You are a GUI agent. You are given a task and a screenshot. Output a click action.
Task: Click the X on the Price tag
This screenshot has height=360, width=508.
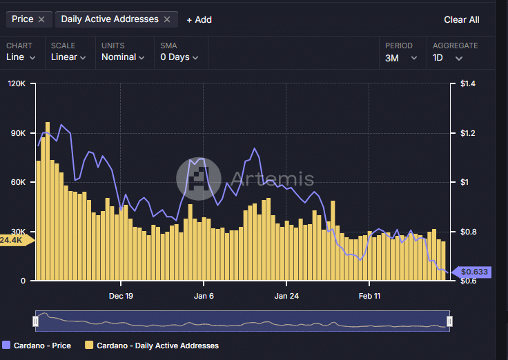[x=41, y=19]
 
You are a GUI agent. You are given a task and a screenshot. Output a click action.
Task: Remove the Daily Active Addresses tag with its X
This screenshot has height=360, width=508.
[x=167, y=19]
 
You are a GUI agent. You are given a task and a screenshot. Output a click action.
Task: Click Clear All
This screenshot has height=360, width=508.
[x=462, y=20]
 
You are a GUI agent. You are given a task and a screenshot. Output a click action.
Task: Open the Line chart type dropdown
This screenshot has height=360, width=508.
[x=21, y=57]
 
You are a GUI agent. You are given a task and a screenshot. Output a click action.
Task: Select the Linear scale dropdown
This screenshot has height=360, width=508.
[x=68, y=57]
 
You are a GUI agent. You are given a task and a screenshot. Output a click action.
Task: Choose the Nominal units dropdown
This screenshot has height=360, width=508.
[x=123, y=57]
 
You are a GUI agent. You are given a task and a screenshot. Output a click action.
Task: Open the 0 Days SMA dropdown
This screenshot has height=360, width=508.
[x=179, y=57]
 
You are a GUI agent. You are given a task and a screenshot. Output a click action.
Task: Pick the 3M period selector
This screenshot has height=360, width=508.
[x=401, y=58]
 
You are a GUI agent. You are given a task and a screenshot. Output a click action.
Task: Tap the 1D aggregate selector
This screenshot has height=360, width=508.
[x=447, y=58]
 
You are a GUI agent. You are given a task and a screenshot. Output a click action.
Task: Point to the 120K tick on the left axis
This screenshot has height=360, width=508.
[x=17, y=83]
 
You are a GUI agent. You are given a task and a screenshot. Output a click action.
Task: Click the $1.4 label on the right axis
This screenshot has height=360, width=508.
[x=468, y=83]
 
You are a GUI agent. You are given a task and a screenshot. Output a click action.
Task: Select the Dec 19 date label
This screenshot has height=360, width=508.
[x=121, y=296]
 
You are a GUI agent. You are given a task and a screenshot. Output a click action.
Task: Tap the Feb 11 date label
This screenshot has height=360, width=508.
[x=369, y=296]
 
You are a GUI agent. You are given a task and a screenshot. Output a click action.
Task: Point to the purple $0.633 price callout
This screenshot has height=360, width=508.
[x=471, y=272]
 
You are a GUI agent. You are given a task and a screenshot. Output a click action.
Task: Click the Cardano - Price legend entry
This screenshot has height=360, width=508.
[x=37, y=346]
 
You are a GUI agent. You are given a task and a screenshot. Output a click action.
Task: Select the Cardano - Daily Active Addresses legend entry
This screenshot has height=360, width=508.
[x=152, y=346]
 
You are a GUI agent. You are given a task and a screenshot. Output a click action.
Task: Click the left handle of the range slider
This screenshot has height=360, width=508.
[x=36, y=321]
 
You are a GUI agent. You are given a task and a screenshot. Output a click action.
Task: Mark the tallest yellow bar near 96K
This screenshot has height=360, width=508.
[x=48, y=201]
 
